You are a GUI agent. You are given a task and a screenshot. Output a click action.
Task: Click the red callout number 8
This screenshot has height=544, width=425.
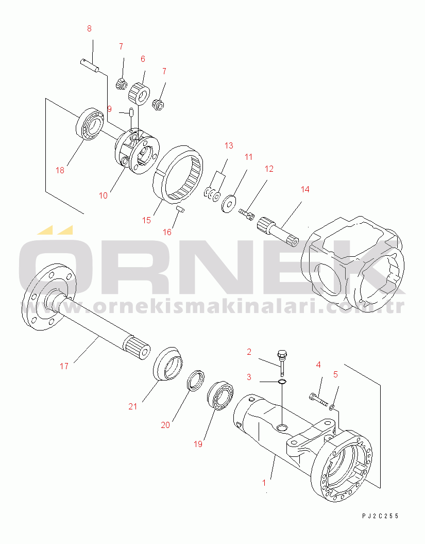click(x=89, y=29)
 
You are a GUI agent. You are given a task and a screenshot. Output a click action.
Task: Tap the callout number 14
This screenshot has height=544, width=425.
click(x=305, y=190)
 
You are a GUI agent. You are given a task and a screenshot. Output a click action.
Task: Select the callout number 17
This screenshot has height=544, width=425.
click(x=64, y=366)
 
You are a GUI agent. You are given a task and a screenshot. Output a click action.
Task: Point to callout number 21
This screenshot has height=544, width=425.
click(x=133, y=406)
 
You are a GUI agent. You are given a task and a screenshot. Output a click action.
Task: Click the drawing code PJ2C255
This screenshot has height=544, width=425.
click(x=380, y=516)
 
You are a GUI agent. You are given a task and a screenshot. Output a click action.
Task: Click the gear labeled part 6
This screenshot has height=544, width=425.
click(x=139, y=92)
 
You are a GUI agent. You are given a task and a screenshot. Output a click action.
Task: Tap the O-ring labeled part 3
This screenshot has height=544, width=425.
click(x=281, y=382)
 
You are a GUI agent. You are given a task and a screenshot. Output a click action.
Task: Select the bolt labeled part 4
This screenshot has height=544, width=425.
click(x=318, y=399)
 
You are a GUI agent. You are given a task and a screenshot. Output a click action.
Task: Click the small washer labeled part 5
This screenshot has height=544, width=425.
click(x=333, y=407)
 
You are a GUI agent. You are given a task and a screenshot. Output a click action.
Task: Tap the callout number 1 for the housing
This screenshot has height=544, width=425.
click(x=264, y=483)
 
